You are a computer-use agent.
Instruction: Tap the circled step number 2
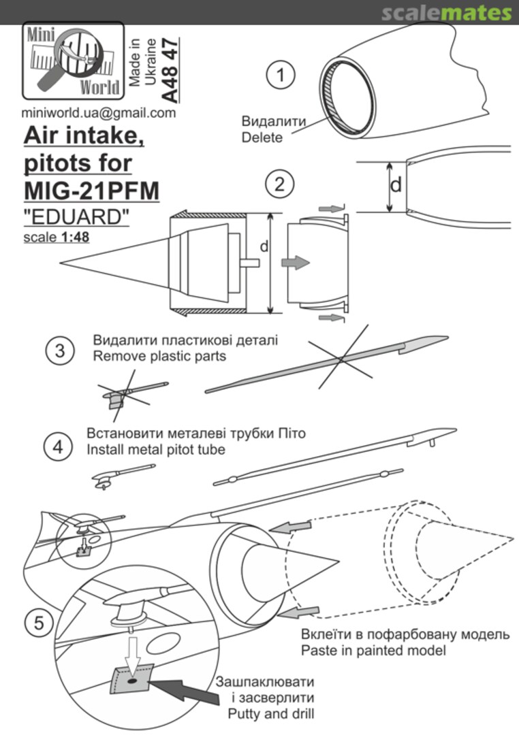click(x=280, y=184)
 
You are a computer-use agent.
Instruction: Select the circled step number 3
click(x=59, y=350)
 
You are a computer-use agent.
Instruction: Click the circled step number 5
click(x=40, y=621)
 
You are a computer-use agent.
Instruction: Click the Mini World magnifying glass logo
click(x=73, y=60)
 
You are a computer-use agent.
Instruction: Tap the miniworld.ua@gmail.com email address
click(x=98, y=114)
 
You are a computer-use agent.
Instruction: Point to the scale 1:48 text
click(x=56, y=238)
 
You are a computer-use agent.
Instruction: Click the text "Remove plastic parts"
click(x=159, y=355)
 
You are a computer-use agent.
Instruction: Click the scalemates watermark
click(x=446, y=13)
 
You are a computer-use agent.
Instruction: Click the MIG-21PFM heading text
click(x=91, y=191)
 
